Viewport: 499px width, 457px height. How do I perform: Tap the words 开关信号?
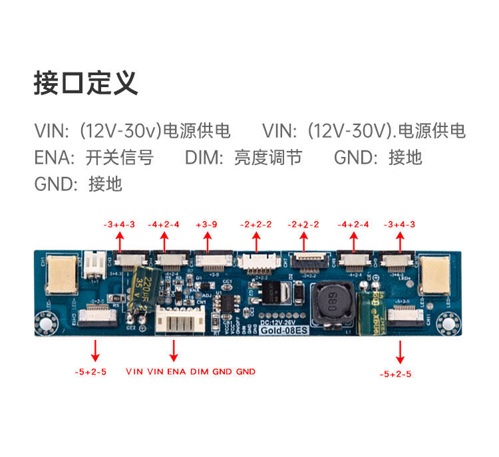coord(120,158)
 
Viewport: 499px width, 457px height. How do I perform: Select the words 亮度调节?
coord(268,158)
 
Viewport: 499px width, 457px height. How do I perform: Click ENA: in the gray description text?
coord(55,158)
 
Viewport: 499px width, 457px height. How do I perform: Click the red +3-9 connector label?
coord(207,225)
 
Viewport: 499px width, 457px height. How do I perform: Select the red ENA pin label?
coord(176,371)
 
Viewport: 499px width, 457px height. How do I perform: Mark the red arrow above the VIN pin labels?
coord(174,349)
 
